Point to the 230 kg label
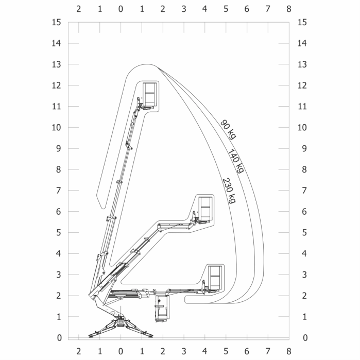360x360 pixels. pos(229,191)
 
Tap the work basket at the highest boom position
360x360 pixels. pos(149,95)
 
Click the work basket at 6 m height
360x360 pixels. pos(205,209)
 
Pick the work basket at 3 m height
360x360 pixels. pos(214,278)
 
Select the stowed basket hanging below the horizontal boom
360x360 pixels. pos(162,309)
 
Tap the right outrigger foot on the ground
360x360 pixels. pos(150,336)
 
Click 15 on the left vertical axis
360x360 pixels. pos(57,22)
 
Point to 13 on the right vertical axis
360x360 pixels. pos(302,64)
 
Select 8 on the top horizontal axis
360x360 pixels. pos(288,9)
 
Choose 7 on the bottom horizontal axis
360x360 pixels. pos(267,351)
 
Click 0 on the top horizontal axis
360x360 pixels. pos(121,9)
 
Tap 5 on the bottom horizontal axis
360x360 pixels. pos(226,351)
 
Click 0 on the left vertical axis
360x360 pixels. pos(59,338)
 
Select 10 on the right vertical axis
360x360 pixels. pos(302,127)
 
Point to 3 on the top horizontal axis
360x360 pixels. pos(184,9)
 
